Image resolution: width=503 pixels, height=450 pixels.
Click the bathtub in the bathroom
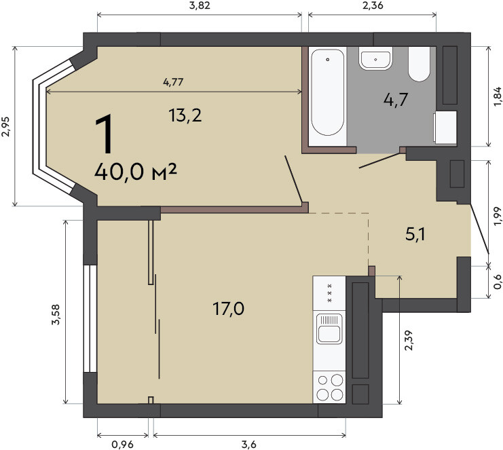328,92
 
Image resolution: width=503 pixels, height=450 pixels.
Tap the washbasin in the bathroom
375,58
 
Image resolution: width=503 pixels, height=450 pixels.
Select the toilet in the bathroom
419,64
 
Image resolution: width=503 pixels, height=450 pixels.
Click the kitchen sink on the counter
329,329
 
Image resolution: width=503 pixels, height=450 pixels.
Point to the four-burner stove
329,387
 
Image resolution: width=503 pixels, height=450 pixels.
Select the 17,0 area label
228,309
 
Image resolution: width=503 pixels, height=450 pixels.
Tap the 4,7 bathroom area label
396,100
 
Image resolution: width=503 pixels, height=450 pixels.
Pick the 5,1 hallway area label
415,234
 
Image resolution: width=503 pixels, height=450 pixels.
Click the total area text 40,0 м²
135,172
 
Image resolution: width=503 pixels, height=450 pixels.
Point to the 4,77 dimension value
173,82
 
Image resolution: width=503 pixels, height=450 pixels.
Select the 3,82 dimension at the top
200,5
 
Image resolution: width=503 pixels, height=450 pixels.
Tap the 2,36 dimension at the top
373,5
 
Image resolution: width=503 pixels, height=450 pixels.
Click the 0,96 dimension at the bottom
122,445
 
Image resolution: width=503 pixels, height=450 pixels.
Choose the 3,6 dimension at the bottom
249,445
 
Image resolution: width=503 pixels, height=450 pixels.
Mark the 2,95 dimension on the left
6,126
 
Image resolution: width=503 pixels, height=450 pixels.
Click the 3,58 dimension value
56,315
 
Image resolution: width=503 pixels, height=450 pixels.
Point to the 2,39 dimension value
409,340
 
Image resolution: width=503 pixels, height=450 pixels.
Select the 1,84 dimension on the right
497,96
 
